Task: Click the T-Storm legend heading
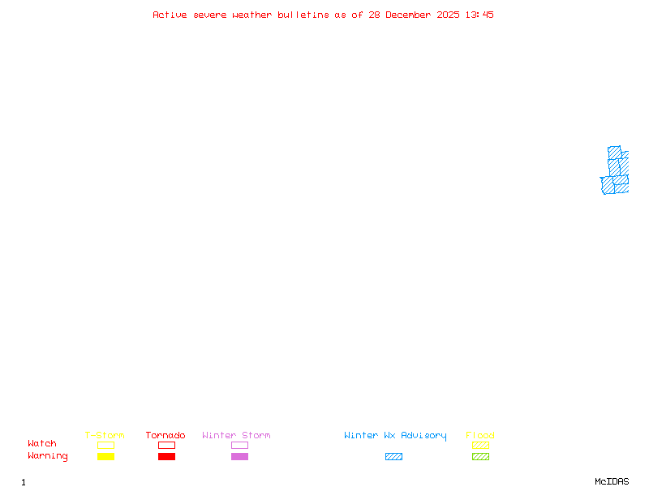(x=105, y=435)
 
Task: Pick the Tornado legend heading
(x=165, y=435)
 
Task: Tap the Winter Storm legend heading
(x=236, y=435)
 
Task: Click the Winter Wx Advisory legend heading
(x=395, y=435)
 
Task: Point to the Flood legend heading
(x=480, y=435)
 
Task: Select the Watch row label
(x=42, y=444)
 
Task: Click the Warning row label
(x=48, y=456)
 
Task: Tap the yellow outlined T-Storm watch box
(x=105, y=445)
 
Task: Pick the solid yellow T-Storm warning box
(x=105, y=456)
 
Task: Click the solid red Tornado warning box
(x=166, y=456)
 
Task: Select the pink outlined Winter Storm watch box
(x=239, y=445)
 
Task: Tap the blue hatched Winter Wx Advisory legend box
(x=393, y=456)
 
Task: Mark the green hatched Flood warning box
(x=480, y=456)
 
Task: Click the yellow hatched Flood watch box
(x=480, y=445)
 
